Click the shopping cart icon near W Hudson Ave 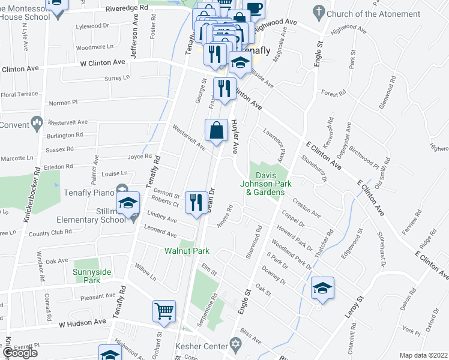[x=164, y=311]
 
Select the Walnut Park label [x=187, y=251]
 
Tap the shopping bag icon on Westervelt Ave [x=216, y=129]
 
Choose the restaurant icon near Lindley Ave [x=196, y=202]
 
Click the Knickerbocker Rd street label [x=31, y=199]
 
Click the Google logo [x=20, y=353]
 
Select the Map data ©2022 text [x=423, y=355]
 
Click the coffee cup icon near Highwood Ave [x=255, y=9]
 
